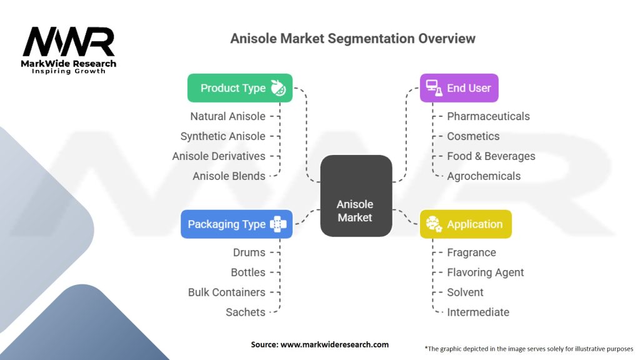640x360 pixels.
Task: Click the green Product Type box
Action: point(240,87)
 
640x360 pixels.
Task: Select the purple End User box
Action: point(459,87)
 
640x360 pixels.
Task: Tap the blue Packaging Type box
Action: point(237,224)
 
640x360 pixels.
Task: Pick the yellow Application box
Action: point(466,224)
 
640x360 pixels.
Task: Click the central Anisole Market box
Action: point(356,196)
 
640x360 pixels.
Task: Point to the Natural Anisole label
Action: point(227,116)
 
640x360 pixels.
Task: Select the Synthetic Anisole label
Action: point(223,136)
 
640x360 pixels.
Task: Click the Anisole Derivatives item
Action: point(219,156)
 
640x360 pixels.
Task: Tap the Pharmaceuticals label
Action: point(488,116)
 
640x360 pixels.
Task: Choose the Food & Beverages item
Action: point(491,156)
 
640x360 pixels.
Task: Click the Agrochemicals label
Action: point(484,176)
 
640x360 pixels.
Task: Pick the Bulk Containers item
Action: point(226,292)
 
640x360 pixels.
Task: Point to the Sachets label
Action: point(245,312)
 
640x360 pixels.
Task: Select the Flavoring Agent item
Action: point(485,272)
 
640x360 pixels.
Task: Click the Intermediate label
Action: point(478,312)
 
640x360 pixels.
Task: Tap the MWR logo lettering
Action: point(69,42)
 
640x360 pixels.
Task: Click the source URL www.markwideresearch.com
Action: point(334,344)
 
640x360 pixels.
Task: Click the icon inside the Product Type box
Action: point(278,87)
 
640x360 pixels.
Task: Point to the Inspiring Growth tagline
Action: point(69,71)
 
